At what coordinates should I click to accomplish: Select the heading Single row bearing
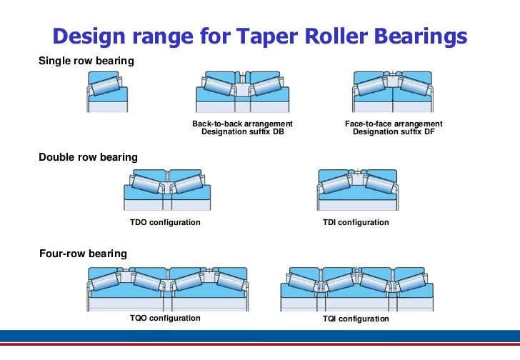[86, 61]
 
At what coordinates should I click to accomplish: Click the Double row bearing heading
[88, 157]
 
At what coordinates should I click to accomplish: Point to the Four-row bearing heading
[83, 254]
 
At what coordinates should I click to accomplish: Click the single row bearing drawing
[107, 91]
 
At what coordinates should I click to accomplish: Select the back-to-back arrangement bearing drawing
[242, 91]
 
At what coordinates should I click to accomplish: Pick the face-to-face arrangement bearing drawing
[393, 91]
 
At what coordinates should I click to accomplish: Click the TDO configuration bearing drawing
[167, 189]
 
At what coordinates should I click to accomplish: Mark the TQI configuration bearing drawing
[356, 288]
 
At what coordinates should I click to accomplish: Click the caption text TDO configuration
[165, 223]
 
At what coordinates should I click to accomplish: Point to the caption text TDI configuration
[356, 223]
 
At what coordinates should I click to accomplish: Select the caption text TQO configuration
[165, 318]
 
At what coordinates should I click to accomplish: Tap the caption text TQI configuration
[356, 319]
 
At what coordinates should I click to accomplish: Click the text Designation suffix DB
[242, 132]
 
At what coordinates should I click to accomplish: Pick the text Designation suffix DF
[394, 132]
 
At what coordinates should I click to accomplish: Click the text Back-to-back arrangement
[242, 124]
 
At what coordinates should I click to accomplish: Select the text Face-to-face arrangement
[394, 124]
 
